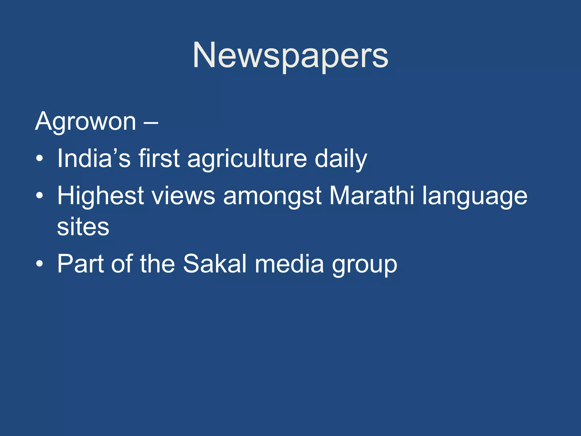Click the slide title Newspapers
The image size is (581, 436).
pyautogui.click(x=290, y=56)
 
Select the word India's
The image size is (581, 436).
pyautogui.click(x=94, y=158)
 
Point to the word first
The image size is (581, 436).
pyautogui.click(x=159, y=158)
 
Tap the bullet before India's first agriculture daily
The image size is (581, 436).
pyautogui.click(x=40, y=158)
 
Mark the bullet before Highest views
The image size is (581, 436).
pyautogui.click(x=40, y=196)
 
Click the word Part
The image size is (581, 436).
pyautogui.click(x=80, y=264)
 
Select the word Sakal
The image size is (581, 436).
pyautogui.click(x=215, y=264)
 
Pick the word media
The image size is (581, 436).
pyautogui.click(x=289, y=264)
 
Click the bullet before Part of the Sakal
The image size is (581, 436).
pyautogui.click(x=40, y=264)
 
